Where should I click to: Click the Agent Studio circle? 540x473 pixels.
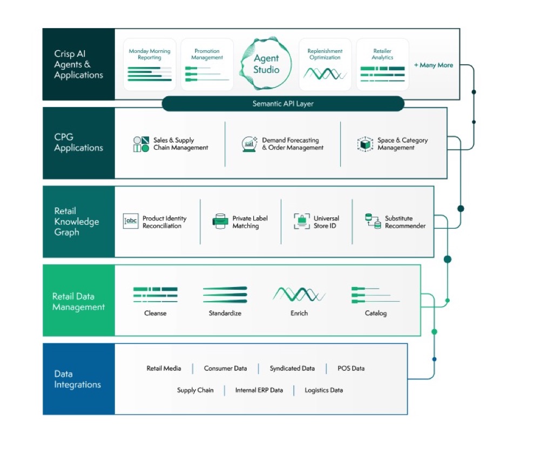tap(266, 64)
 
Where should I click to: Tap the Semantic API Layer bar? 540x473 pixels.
tap(282, 104)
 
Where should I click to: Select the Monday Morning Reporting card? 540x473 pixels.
tap(150, 64)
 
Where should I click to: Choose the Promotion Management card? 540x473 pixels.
tap(207, 64)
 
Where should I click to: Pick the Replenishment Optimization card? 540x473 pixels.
tap(325, 64)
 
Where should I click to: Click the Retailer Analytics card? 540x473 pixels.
tap(382, 64)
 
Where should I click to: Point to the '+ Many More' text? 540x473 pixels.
tap(434, 65)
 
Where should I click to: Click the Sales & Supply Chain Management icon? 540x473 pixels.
tap(141, 144)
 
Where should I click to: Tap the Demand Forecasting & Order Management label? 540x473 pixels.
tap(293, 144)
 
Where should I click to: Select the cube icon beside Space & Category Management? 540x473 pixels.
tap(366, 144)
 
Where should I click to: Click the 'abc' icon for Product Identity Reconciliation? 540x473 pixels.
tap(131, 222)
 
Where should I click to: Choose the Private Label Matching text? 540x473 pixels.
tap(249, 222)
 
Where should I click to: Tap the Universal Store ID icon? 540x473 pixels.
tap(301, 222)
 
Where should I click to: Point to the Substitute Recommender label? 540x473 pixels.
tap(405, 222)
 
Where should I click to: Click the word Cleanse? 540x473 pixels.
tap(155, 313)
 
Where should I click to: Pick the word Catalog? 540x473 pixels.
tap(375, 313)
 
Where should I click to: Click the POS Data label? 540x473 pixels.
tap(351, 369)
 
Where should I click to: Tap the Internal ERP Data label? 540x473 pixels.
tap(259, 390)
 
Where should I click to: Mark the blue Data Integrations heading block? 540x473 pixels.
tap(79, 379)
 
